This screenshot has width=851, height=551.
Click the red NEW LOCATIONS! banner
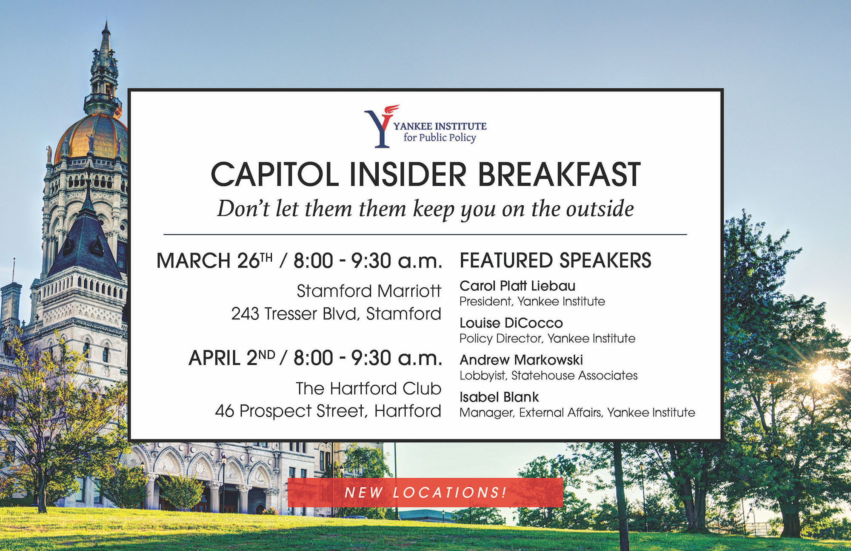(x=425, y=492)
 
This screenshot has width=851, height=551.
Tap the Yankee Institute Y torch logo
(x=381, y=126)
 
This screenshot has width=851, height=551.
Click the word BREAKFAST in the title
(x=559, y=175)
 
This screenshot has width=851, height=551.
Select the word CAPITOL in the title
(x=275, y=175)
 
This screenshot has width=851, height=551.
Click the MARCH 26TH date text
(x=214, y=261)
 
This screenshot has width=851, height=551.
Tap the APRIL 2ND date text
(x=232, y=358)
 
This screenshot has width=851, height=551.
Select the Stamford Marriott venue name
(x=369, y=291)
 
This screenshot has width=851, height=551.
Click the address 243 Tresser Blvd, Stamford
(x=336, y=314)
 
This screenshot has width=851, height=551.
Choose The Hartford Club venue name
(x=368, y=388)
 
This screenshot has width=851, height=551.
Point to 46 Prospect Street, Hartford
(x=328, y=411)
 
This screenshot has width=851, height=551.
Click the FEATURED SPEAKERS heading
(x=555, y=261)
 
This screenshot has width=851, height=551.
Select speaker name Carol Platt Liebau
(x=517, y=286)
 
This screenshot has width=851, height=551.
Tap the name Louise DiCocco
(x=511, y=323)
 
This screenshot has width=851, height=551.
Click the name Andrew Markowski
(x=521, y=360)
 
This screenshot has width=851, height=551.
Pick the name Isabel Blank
(x=499, y=397)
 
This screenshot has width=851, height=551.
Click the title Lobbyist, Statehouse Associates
(x=548, y=376)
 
